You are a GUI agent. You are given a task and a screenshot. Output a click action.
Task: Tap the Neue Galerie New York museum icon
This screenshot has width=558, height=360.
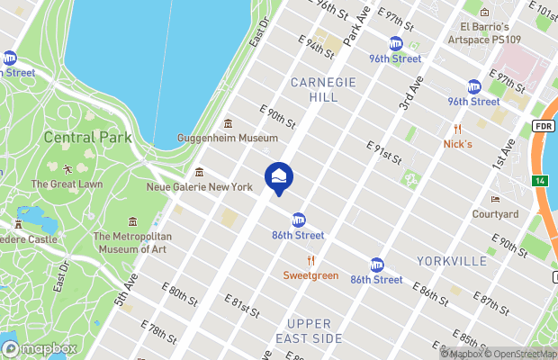click(x=199, y=173)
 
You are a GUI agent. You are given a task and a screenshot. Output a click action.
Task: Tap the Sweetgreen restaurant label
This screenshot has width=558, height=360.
click(x=310, y=275)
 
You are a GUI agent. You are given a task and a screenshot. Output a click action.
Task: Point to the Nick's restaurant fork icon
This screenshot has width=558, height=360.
click(x=457, y=129)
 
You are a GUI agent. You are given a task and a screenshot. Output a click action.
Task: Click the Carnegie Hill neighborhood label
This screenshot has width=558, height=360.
click(x=323, y=90)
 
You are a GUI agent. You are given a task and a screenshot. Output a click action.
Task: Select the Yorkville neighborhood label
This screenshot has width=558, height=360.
click(x=451, y=261)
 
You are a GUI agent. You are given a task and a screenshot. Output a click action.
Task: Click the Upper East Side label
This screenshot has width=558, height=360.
click(x=315, y=330)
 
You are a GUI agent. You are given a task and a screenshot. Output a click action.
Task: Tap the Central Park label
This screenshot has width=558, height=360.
click(x=88, y=138)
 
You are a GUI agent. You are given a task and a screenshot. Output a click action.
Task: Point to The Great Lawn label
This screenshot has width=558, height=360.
click(x=67, y=184)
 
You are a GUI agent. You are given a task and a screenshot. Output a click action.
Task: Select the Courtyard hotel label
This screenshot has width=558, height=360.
click(x=496, y=214)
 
